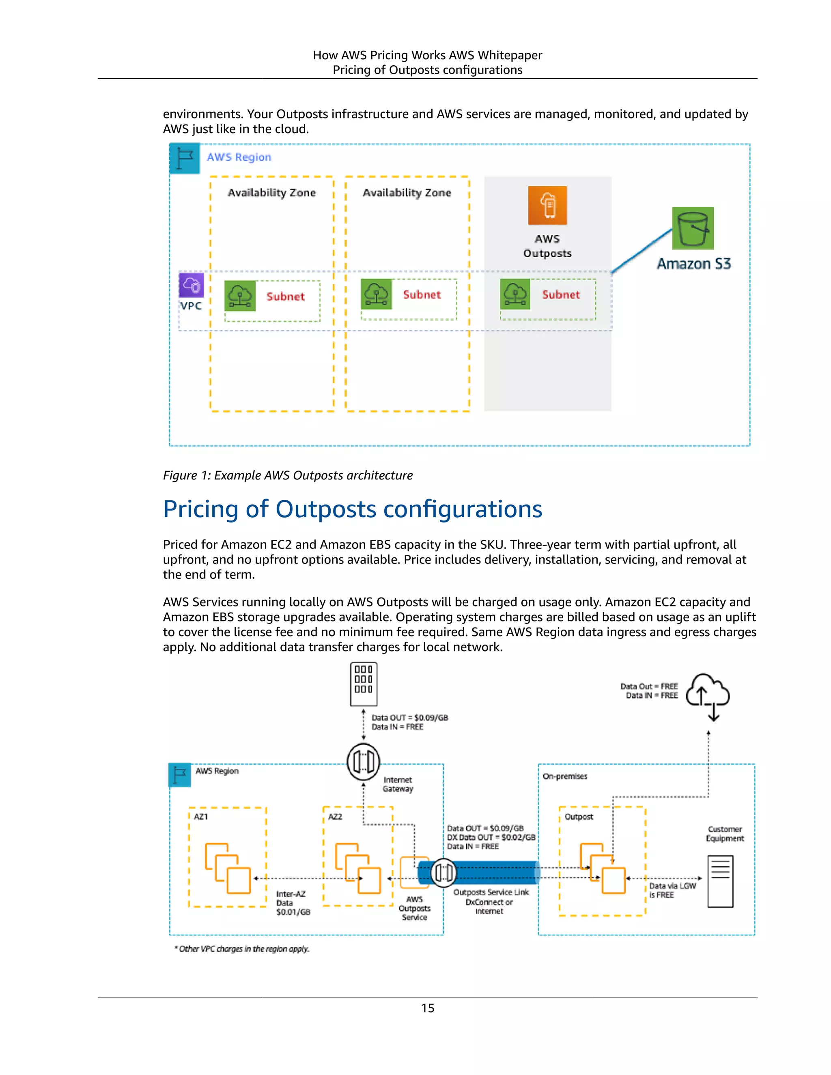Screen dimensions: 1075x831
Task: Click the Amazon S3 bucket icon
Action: point(693,228)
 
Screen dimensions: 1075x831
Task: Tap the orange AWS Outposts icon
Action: point(547,205)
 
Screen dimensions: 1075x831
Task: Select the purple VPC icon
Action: point(191,284)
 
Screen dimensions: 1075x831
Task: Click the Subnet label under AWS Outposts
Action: point(561,295)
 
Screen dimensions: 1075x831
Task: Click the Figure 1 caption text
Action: point(288,475)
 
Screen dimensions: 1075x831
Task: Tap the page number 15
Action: point(427,1008)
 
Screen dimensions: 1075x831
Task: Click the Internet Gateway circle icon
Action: point(363,762)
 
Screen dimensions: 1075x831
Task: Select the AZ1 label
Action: point(201,817)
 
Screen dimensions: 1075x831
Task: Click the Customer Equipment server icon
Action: point(720,881)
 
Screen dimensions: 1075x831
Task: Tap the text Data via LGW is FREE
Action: point(672,890)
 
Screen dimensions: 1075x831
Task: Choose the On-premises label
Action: point(565,776)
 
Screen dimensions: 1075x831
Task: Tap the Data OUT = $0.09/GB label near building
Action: point(409,718)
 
